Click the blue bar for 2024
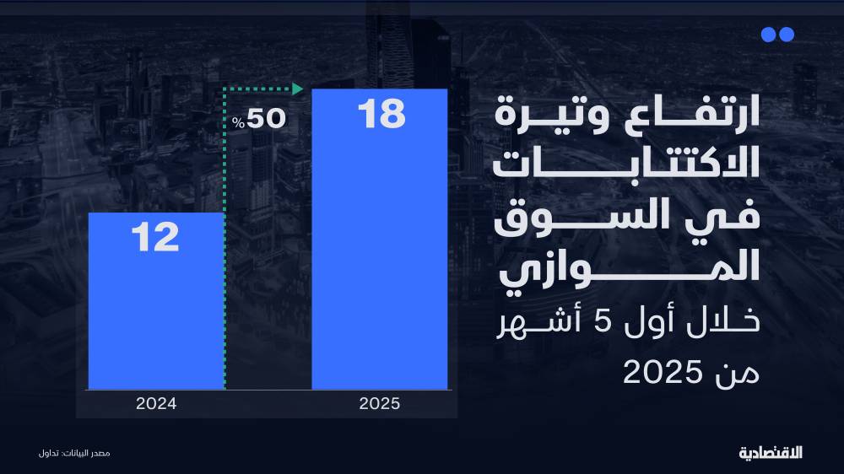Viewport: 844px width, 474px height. [156, 320]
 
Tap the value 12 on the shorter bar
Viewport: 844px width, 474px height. [156, 239]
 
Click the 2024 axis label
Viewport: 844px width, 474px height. [156, 403]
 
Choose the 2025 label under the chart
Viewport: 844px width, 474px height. [379, 403]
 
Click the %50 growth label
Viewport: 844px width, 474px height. [260, 120]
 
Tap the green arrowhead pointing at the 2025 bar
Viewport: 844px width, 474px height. [296, 88]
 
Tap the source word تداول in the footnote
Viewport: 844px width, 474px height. [48, 454]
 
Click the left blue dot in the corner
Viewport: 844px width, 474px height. [768, 35]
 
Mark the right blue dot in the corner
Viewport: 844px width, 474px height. [787, 35]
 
